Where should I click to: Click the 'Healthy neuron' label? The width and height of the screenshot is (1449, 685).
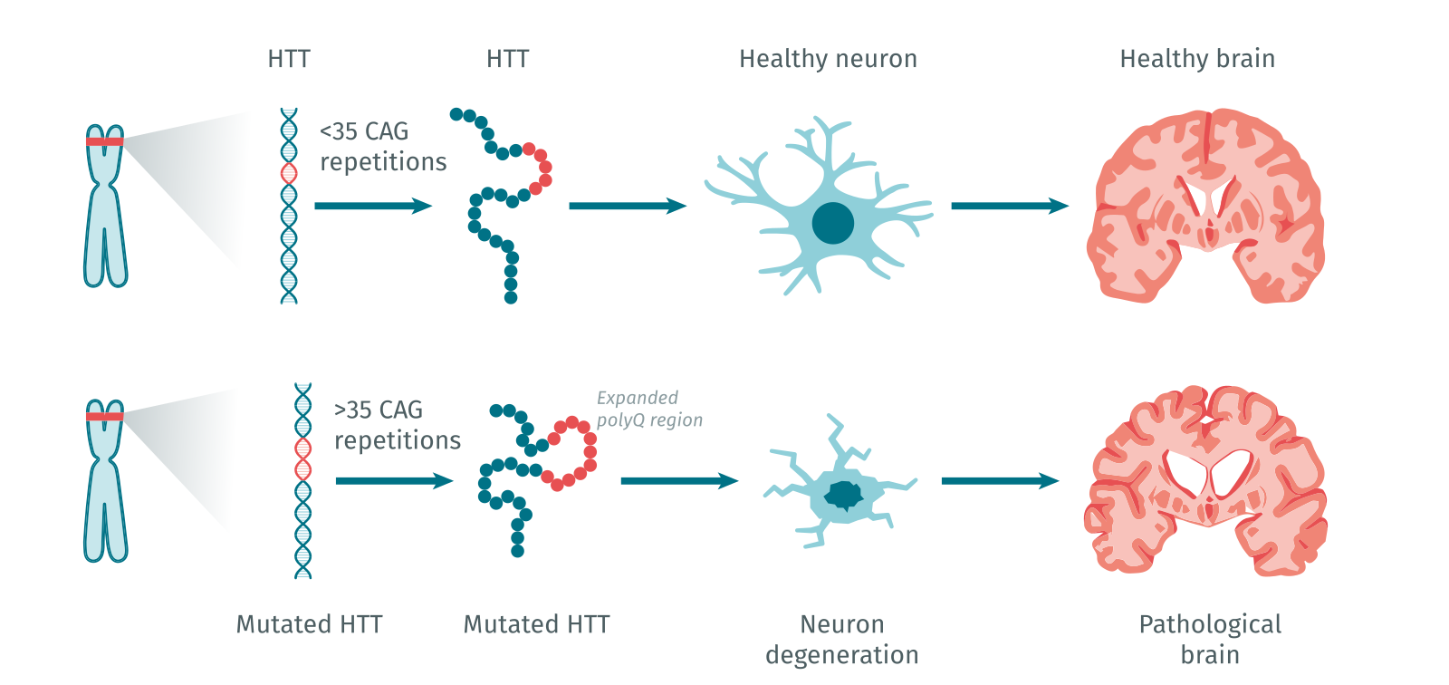(x=828, y=59)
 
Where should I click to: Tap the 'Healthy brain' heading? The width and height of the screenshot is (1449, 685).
(x=1196, y=59)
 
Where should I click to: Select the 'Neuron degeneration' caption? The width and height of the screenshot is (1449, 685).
(x=841, y=639)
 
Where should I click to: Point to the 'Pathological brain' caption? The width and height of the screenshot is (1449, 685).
(x=1210, y=639)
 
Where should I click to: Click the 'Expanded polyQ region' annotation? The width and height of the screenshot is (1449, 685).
(x=648, y=409)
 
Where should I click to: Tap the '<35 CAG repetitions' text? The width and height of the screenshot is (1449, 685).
(x=382, y=146)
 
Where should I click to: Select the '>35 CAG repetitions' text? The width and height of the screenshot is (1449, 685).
(x=397, y=424)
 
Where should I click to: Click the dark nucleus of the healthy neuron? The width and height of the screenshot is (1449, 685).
(x=832, y=223)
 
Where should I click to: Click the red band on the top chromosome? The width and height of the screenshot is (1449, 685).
(x=105, y=140)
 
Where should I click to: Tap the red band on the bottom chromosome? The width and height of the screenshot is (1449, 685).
(x=105, y=417)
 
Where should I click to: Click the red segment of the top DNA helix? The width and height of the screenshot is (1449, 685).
(x=289, y=172)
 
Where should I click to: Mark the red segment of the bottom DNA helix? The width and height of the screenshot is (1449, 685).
(x=302, y=458)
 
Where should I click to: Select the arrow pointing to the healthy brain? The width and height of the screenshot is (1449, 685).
(x=1009, y=206)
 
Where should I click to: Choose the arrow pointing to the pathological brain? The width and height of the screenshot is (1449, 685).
(x=1000, y=480)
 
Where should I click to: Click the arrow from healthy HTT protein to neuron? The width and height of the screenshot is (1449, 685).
(x=627, y=206)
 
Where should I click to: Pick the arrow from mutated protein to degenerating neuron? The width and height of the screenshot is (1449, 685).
(x=678, y=480)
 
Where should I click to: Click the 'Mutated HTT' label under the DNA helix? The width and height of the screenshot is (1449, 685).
(x=309, y=624)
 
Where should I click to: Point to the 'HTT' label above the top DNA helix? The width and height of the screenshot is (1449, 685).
(x=289, y=59)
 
